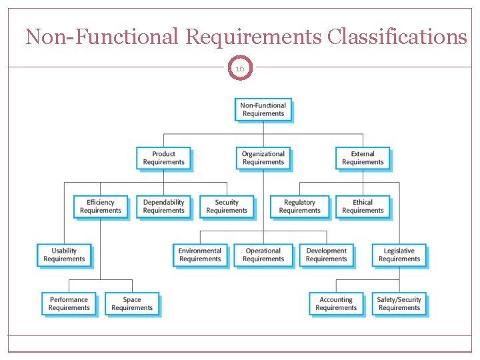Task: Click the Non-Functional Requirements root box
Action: [263, 109]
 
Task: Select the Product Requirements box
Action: [163, 158]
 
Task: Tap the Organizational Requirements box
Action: [263, 158]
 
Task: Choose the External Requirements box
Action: [363, 158]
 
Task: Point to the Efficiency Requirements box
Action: [101, 207]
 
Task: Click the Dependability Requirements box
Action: [163, 207]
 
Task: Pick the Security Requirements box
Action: [227, 207]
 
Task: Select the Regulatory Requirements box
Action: [299, 207]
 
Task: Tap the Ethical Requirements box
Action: [363, 207]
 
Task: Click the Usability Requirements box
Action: [64, 255]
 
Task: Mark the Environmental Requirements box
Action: [200, 255]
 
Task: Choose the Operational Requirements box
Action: [263, 255]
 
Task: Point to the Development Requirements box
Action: [326, 255]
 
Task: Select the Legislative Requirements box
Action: [399, 255]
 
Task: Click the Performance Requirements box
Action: [69, 304]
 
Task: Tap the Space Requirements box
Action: [132, 304]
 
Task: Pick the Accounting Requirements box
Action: [336, 304]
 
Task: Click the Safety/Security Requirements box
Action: [399, 304]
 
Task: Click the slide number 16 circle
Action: [240, 67]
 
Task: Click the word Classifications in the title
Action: [397, 37]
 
